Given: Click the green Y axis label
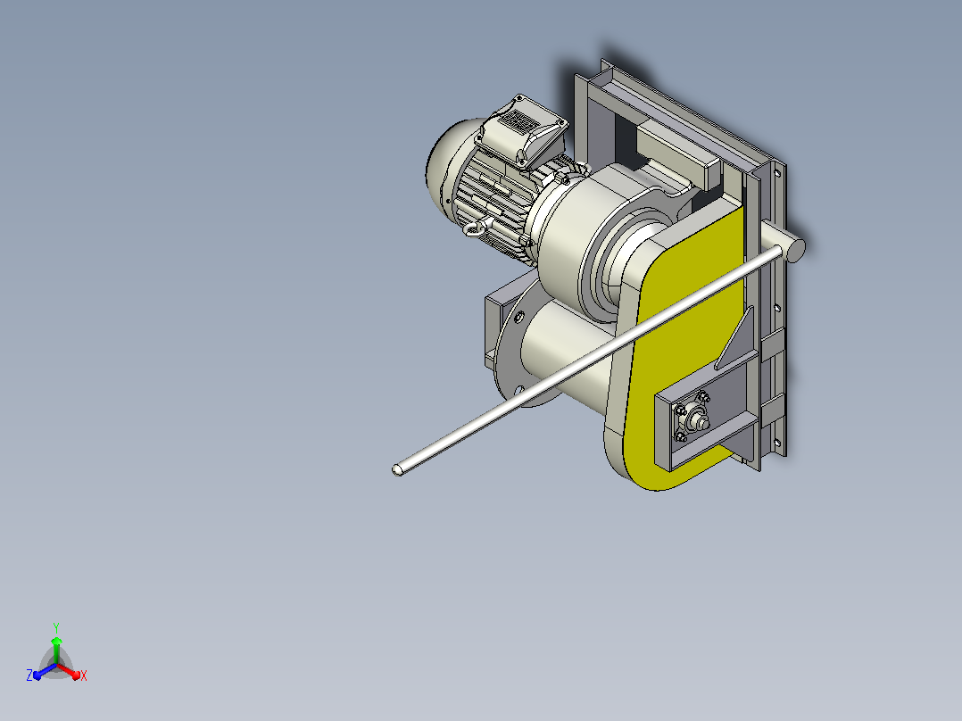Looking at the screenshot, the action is [x=56, y=627].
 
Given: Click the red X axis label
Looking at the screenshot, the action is [x=84, y=675].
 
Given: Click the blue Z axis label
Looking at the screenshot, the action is [x=29, y=675].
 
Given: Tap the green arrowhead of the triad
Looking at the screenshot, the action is [x=56, y=641].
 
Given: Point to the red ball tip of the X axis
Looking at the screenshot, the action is [x=76, y=676].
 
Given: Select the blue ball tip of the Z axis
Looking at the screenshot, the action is [x=37, y=675].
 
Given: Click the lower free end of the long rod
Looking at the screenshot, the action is [x=398, y=470].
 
